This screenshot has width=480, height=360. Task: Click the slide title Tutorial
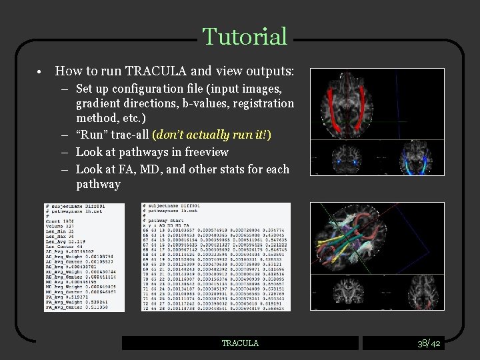tap(245, 37)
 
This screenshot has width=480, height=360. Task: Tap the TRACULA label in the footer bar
tap(240, 343)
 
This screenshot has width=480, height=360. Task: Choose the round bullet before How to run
tap(41, 71)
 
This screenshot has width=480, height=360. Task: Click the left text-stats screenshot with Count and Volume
tap(84, 257)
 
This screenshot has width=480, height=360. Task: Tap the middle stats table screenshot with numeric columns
tap(216, 257)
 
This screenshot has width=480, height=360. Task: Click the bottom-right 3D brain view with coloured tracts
tap(377, 256)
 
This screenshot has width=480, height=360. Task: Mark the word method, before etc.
tap(97, 119)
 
